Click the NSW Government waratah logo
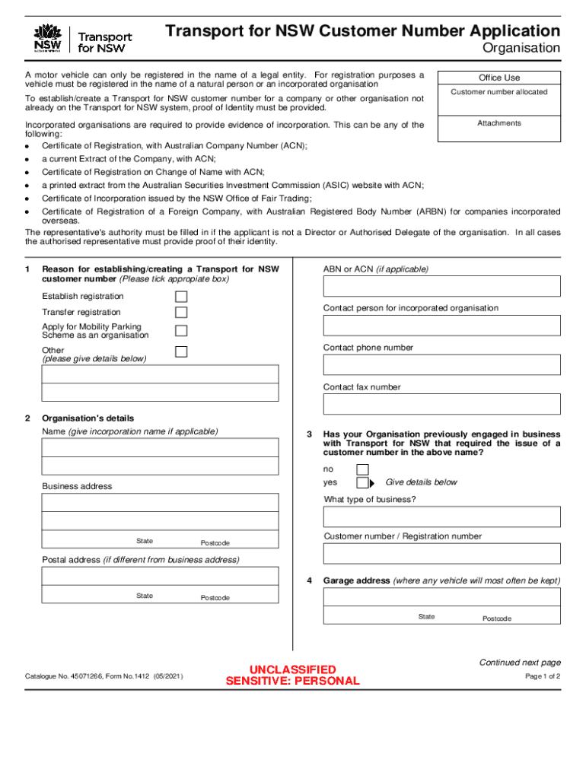point(47,38)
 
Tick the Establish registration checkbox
point(181,297)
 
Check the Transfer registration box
point(181,313)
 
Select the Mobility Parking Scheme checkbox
point(181,331)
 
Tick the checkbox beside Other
point(181,351)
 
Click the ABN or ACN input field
point(441,286)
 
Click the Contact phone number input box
point(441,365)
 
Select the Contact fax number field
point(441,404)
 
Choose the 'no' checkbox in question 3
point(362,469)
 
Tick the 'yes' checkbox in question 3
point(362,482)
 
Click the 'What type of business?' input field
point(441,517)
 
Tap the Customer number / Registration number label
point(402,536)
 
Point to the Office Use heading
point(499,78)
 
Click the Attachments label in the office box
point(499,123)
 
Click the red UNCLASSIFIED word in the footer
point(293,669)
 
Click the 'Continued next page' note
point(520,663)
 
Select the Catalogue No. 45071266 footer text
point(104,676)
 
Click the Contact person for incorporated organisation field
point(441,326)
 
